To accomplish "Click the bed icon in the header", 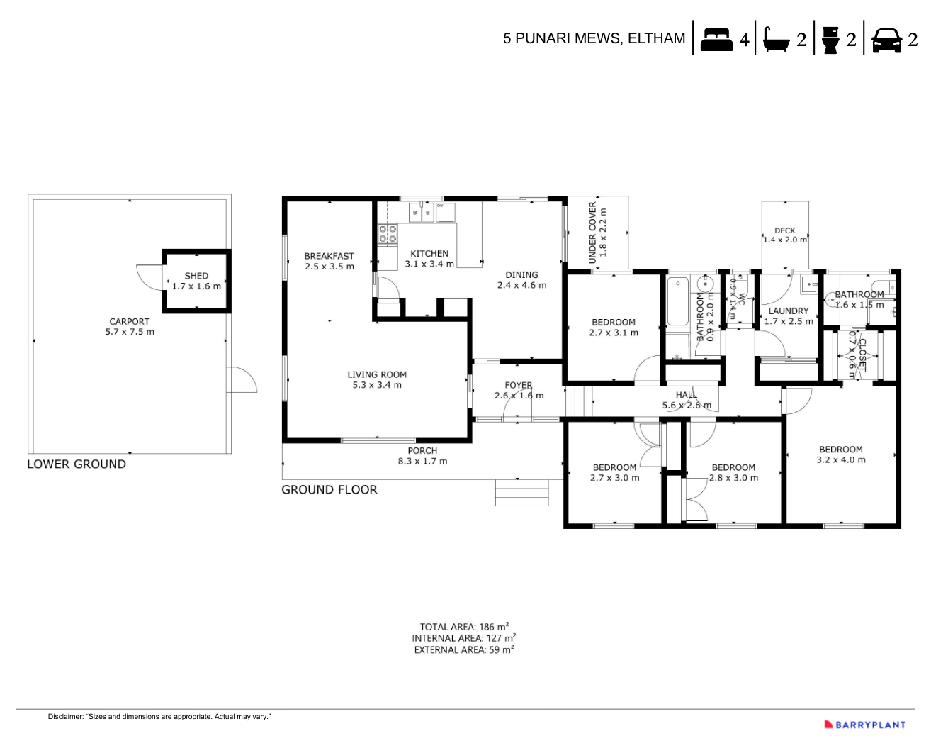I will click(716, 40).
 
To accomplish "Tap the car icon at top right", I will click(886, 40).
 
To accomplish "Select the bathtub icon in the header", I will click(777, 40).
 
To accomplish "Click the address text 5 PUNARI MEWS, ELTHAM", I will click(594, 38).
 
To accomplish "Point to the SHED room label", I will click(196, 276).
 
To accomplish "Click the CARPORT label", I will click(129, 321).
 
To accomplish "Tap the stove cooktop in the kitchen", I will click(388, 234).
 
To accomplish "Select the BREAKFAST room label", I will click(329, 256).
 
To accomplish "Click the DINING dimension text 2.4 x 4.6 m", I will click(521, 285).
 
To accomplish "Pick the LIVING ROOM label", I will click(377, 374).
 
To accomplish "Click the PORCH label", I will click(422, 450).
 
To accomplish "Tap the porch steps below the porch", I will click(521, 493).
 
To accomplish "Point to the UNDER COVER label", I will click(593, 233).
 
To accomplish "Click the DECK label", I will click(784, 230).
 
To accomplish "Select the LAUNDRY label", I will click(788, 311).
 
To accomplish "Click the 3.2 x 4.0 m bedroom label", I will click(841, 459).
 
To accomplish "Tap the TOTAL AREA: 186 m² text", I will click(464, 627).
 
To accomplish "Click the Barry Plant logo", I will click(865, 725).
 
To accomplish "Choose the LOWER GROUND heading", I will click(77, 464).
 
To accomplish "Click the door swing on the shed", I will click(150, 277).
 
